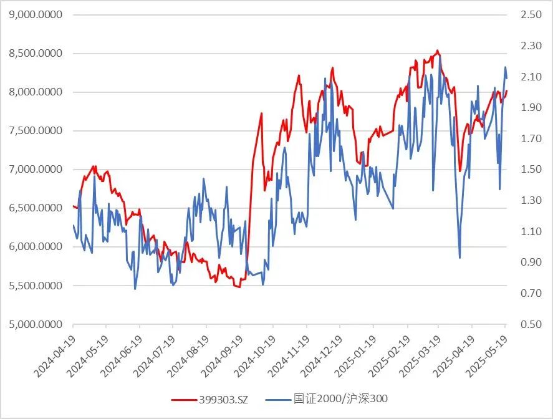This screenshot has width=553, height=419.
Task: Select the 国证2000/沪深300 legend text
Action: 344,399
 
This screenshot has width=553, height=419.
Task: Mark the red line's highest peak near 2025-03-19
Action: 438,51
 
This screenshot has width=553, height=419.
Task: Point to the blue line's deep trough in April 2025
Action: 459,258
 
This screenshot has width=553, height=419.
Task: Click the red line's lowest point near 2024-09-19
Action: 239,287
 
